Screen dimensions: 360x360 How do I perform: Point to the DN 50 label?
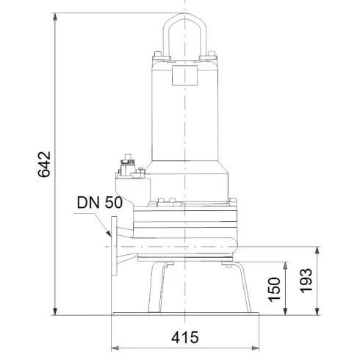tap(98, 203)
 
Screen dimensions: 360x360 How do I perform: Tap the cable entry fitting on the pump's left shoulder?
tap(129, 168)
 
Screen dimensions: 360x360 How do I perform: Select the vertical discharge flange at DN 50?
tap(114, 245)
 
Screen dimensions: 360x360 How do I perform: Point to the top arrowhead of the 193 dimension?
tap(317, 250)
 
